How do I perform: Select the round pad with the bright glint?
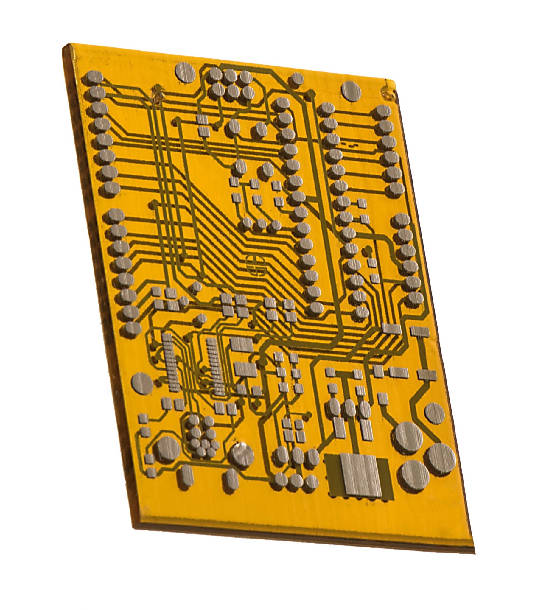(x=241, y=458)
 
